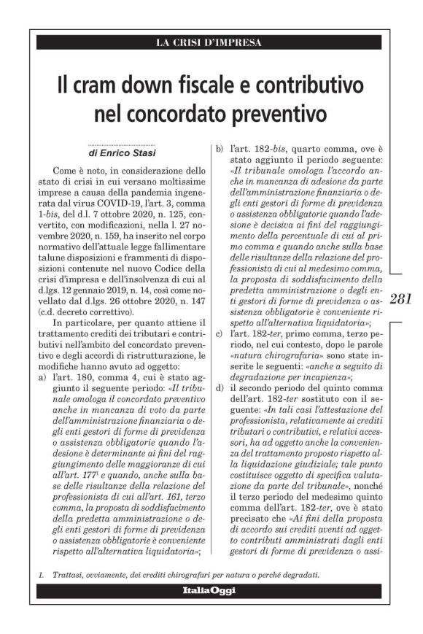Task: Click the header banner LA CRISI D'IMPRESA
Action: pyautogui.click(x=209, y=42)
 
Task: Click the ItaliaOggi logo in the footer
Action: pyautogui.click(x=209, y=589)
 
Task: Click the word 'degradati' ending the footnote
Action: pyautogui.click(x=300, y=574)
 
